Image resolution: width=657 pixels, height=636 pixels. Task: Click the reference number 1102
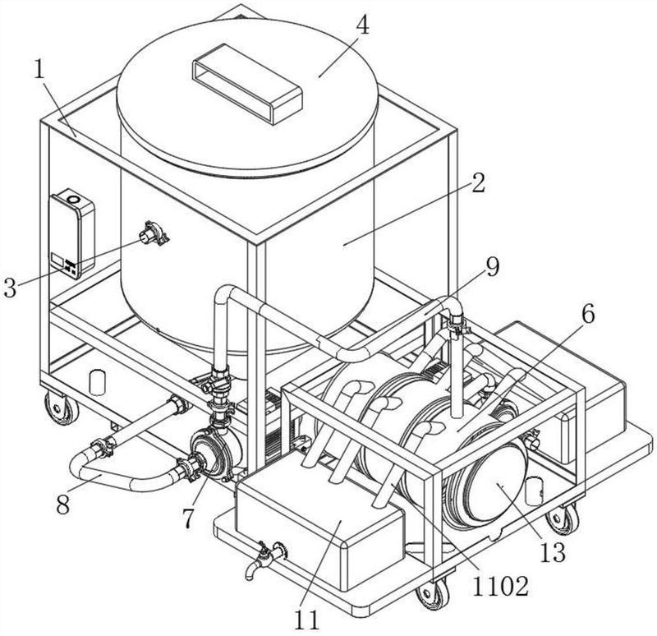coord(500,586)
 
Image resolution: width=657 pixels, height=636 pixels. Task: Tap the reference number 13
coord(553,551)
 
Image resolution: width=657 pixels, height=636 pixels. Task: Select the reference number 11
coord(306,620)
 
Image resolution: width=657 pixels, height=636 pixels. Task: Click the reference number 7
coord(188,518)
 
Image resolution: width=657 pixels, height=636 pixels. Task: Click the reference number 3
coord(10,288)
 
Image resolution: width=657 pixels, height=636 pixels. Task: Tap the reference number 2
coord(478,182)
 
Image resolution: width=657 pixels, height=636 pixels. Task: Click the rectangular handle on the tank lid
coord(247,84)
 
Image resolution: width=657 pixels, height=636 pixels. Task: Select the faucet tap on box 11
coord(264,560)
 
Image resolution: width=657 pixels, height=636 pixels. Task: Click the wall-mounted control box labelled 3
coord(72,233)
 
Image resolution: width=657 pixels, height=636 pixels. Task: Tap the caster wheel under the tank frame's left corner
coord(62,408)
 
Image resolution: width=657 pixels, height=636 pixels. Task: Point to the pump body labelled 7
coord(216,454)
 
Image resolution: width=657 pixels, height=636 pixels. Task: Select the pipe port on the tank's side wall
coord(154,233)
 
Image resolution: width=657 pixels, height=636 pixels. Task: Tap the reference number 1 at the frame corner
coord(39,70)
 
